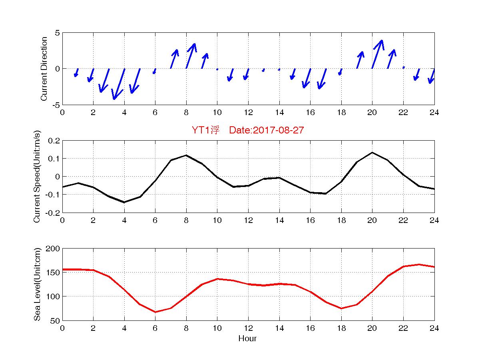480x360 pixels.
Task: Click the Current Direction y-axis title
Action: click(44, 69)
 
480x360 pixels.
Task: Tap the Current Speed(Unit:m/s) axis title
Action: click(37, 177)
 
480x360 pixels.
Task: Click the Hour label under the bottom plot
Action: click(248, 339)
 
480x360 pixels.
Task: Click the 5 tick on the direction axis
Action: click(58, 33)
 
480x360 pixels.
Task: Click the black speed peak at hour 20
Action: click(372, 152)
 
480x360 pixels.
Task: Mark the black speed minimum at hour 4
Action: click(124, 202)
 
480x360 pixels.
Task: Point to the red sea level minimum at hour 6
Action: click(155, 312)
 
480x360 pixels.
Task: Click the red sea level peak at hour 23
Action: click(419, 265)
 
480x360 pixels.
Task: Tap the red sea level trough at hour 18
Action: click(341, 308)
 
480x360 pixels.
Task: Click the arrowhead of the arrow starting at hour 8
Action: click(194, 44)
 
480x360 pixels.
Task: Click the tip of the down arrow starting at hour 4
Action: click(114, 99)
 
